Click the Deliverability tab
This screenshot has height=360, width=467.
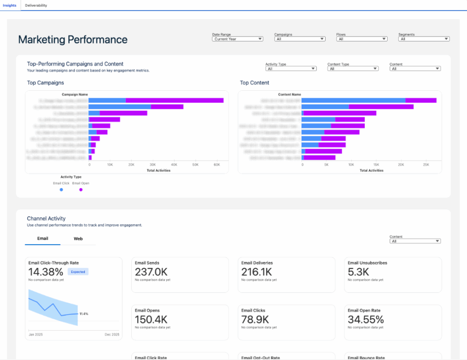pyautogui.click(x=36, y=5)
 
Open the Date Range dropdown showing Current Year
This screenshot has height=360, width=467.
pyautogui.click(x=238, y=39)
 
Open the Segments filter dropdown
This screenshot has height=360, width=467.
pyautogui.click(x=424, y=39)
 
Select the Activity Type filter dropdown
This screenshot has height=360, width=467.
pyautogui.click(x=291, y=69)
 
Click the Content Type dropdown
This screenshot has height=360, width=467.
pyautogui.click(x=353, y=69)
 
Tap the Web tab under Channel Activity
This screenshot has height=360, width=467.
pyautogui.click(x=78, y=239)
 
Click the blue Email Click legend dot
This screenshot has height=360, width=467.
pyautogui.click(x=62, y=189)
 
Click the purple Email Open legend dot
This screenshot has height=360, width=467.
pyautogui.click(x=81, y=189)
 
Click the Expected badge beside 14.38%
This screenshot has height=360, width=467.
pyautogui.click(x=78, y=271)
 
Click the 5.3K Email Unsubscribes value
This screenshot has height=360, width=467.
pyautogui.click(x=358, y=272)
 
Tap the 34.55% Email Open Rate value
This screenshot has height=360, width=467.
pyautogui.click(x=366, y=319)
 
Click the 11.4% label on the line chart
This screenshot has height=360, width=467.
pyautogui.click(x=84, y=314)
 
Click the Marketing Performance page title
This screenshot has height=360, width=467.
pyautogui.click(x=73, y=40)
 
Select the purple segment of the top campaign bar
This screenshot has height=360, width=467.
pyautogui.click(x=174, y=100)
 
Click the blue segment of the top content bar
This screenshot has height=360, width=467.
pyautogui.click(x=353, y=100)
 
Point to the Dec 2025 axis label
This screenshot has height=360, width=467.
pyautogui.click(x=112, y=335)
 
